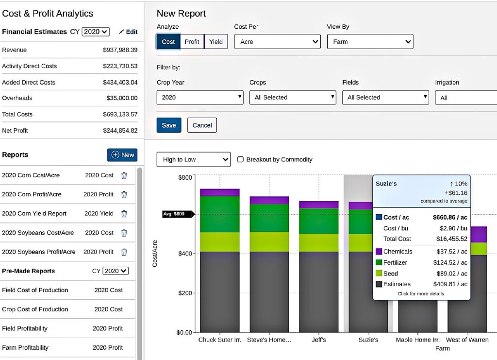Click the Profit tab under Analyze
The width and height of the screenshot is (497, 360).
point(192,42)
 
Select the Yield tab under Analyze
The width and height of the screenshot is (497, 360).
point(216,42)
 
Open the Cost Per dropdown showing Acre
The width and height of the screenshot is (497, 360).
point(277,42)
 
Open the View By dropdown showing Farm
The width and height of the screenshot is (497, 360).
point(370,42)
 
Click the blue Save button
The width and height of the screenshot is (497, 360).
point(169,125)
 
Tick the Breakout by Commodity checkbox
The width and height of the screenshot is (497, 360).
point(240,159)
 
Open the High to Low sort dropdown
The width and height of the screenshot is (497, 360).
point(193,159)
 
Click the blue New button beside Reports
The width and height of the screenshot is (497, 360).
point(122,155)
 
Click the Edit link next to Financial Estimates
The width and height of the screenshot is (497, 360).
point(128,32)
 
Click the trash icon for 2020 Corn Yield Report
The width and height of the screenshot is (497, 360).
point(124,214)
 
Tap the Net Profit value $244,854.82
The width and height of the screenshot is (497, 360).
point(120,131)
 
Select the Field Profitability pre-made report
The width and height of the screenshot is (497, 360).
point(25,328)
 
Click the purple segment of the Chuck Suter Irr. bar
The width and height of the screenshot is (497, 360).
point(219,192)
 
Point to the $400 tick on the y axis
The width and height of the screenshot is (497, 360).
point(185,254)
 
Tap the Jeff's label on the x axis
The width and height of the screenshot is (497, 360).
point(318,340)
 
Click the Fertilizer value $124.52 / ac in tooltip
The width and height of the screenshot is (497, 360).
point(450,263)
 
